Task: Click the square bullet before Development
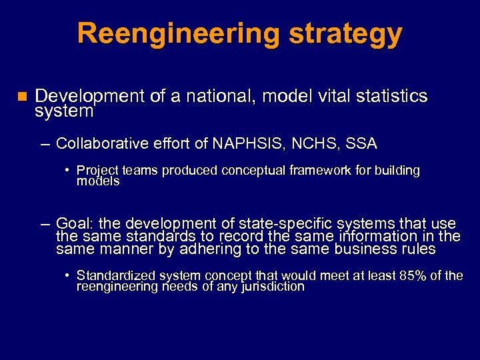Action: pos(21,97)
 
